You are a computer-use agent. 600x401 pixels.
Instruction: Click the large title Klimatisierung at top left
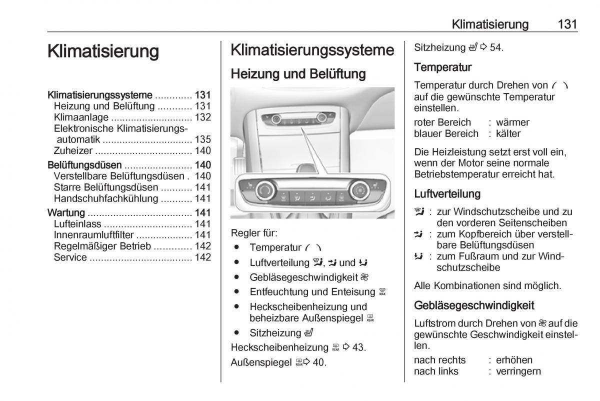point(103,51)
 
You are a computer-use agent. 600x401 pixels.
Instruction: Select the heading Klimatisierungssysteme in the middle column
point(312,50)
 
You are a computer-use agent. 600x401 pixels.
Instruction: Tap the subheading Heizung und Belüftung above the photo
point(298,74)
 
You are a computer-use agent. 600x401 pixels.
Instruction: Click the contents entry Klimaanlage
point(81,117)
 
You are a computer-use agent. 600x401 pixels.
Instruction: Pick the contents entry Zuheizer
point(73,150)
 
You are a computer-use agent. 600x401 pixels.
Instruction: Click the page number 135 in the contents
point(202,139)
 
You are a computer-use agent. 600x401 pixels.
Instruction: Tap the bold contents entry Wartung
point(66,212)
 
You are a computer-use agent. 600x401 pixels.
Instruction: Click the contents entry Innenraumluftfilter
point(94,235)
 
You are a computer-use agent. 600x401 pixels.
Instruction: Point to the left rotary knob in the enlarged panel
point(264,190)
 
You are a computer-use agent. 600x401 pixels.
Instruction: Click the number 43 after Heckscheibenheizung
point(358,347)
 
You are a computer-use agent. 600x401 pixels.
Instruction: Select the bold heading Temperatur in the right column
point(443,67)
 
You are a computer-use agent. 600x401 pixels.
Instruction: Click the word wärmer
point(512,122)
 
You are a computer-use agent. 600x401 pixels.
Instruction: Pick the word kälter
point(508,133)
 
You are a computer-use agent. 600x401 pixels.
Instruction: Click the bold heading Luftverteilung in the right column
point(447,193)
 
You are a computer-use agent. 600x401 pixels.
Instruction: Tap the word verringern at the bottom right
point(518,371)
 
